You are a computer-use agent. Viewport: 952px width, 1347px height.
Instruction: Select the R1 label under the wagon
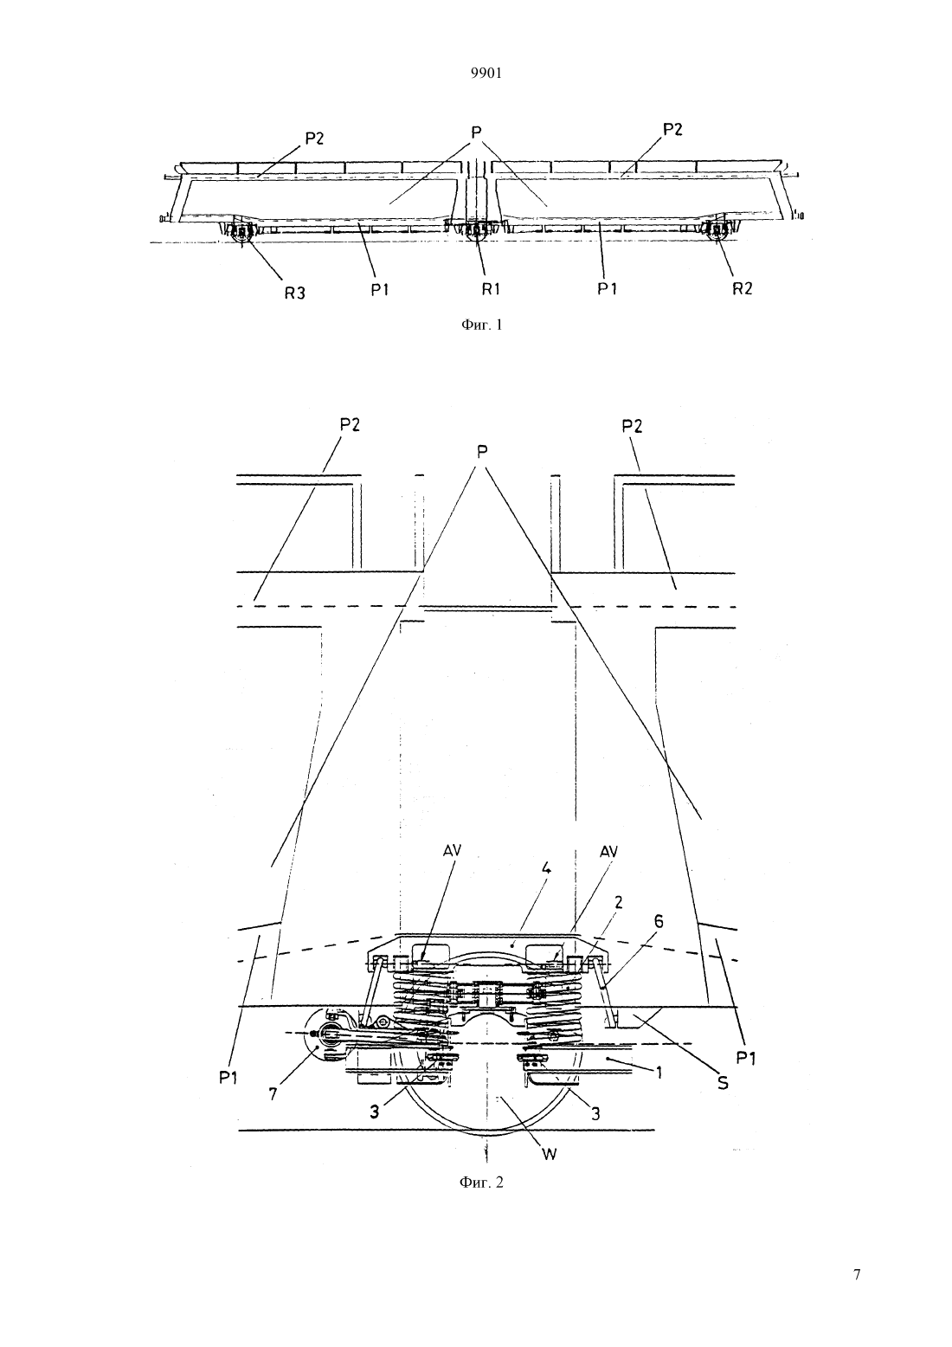[491, 288]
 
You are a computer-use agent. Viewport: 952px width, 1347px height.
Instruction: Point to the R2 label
[743, 288]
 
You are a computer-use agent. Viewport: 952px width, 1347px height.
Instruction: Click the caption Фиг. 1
[481, 325]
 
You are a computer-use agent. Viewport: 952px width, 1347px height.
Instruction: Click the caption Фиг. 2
[481, 1183]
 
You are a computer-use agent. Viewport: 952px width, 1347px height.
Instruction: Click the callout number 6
[659, 921]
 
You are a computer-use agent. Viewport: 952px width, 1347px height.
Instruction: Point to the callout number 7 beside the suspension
[273, 1094]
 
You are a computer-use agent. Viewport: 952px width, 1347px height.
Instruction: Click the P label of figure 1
[477, 132]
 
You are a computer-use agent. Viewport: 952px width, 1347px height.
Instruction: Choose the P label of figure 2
[481, 451]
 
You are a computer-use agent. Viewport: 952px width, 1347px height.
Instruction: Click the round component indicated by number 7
[328, 1034]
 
